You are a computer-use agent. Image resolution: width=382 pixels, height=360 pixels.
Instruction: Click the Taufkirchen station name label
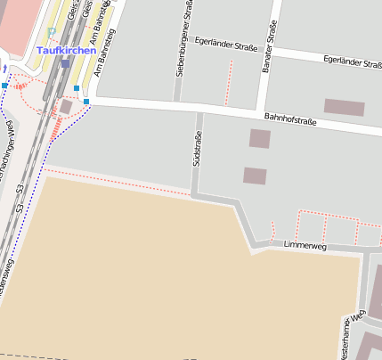pyautogui.click(x=66, y=51)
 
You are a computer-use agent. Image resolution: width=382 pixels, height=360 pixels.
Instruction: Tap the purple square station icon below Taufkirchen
pyautogui.click(x=65, y=64)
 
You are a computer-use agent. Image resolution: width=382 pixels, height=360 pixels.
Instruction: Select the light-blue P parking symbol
pyautogui.click(x=52, y=33)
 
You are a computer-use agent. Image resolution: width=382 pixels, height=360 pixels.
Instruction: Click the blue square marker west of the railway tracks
pyautogui.click(x=4, y=86)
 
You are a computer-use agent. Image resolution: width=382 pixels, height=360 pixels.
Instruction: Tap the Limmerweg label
pyautogui.click(x=300, y=244)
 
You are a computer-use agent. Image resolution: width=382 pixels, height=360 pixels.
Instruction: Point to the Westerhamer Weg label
pyautogui.click(x=354, y=330)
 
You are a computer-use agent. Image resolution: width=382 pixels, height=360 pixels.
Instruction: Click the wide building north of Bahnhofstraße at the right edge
pyautogui.click(x=344, y=107)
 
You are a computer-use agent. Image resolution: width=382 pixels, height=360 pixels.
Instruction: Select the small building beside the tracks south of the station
pyautogui.click(x=66, y=107)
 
